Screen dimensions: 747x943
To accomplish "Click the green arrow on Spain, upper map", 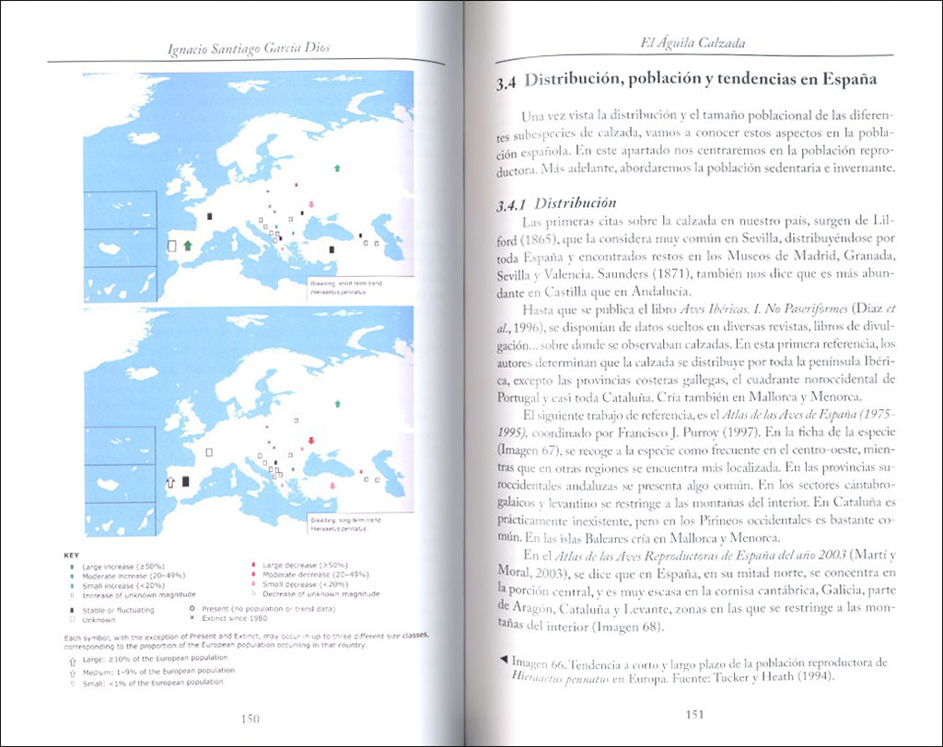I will pyautogui.click(x=188, y=245).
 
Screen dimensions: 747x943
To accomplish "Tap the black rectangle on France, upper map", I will pyautogui.click(x=209, y=216).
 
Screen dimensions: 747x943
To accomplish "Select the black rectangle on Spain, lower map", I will pyautogui.click(x=186, y=481).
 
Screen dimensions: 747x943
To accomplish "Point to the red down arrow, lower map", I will pyautogui.click(x=311, y=442).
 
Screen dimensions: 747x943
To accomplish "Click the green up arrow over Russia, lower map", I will pyautogui.click(x=338, y=403).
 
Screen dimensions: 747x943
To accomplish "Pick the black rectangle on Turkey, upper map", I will pyautogui.click(x=332, y=248).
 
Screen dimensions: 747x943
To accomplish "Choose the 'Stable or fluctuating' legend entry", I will pyautogui.click(x=118, y=609).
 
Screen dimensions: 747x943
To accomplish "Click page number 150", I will pyautogui.click(x=247, y=718).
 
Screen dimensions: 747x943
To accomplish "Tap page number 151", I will pyautogui.click(x=696, y=714).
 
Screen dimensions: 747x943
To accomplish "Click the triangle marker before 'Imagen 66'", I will pyautogui.click(x=502, y=660).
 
